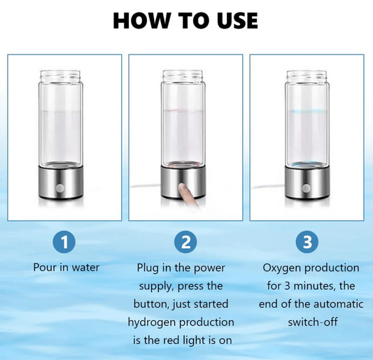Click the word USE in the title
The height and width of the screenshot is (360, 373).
click(x=237, y=20)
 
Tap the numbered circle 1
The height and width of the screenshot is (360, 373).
click(x=64, y=242)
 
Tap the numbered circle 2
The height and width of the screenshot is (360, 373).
click(x=185, y=242)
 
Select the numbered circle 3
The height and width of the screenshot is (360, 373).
click(x=307, y=242)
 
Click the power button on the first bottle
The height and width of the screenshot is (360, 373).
click(x=59, y=189)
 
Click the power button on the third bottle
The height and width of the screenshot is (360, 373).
click(x=307, y=189)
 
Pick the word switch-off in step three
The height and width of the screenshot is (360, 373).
click(x=313, y=322)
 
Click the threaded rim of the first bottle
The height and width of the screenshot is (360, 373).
click(x=60, y=75)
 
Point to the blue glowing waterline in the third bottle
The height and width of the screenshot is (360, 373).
click(x=307, y=111)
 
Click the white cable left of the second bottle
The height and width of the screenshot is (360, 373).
click(x=146, y=185)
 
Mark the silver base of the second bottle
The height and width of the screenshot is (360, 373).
click(x=183, y=182)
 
